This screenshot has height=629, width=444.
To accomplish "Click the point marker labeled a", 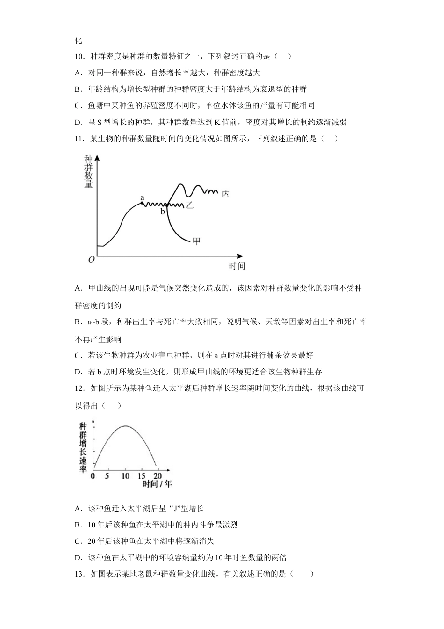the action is (142, 202).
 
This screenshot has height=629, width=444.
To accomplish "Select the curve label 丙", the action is (226, 193).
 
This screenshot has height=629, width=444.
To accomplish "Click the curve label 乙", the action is (190, 205).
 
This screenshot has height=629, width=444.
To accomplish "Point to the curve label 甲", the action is (197, 241).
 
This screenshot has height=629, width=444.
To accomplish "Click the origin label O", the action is (92, 260).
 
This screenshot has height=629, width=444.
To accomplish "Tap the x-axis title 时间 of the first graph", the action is (236, 266).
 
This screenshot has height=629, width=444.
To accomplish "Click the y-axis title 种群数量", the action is (88, 171).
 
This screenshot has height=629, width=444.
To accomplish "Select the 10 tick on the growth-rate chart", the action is (125, 476).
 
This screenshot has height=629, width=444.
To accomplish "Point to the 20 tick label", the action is (158, 476).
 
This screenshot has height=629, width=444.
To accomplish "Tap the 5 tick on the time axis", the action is (107, 476).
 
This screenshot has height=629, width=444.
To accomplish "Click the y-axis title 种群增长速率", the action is (83, 447).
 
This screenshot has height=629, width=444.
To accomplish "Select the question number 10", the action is (79, 56).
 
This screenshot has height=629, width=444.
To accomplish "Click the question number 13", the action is (79, 574).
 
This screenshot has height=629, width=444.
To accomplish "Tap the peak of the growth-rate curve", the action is (125, 426).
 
